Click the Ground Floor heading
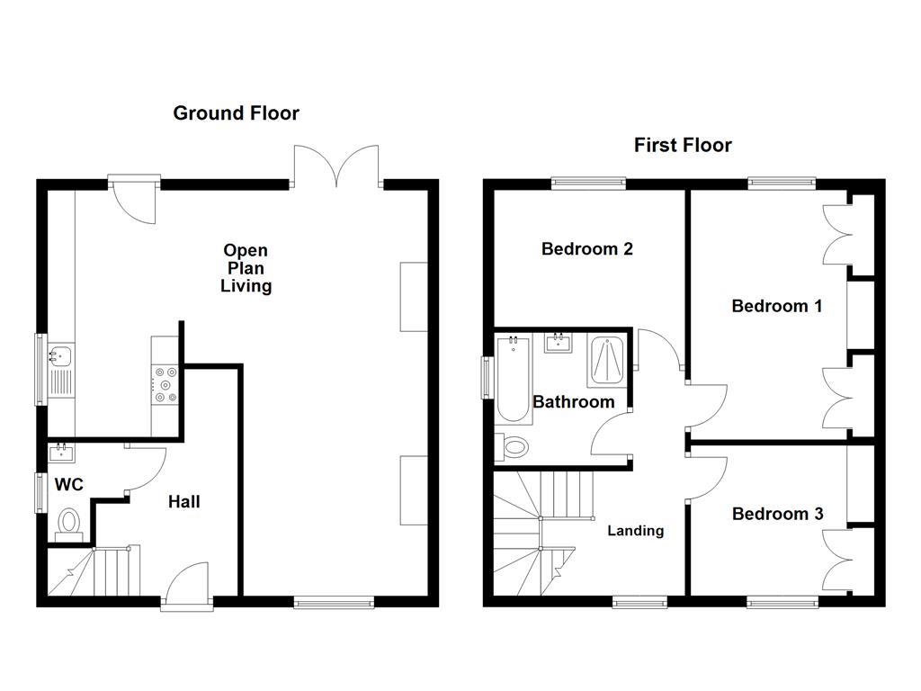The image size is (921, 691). click(236, 113)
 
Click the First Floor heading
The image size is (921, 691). click(683, 145)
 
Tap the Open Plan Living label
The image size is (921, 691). click(246, 268)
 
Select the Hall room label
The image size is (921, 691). click(184, 502)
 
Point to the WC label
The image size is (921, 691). click(69, 485)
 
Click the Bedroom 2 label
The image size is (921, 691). click(586, 248)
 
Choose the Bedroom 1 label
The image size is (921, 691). click(776, 306)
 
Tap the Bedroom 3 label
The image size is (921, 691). click(777, 514)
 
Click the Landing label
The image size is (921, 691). click(635, 531)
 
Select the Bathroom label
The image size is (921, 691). click(574, 401)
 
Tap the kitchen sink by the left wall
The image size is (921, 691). click(60, 356)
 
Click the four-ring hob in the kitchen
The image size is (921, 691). click(165, 383)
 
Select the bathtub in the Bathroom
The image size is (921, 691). click(513, 378)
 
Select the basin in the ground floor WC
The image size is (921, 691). click(62, 451)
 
